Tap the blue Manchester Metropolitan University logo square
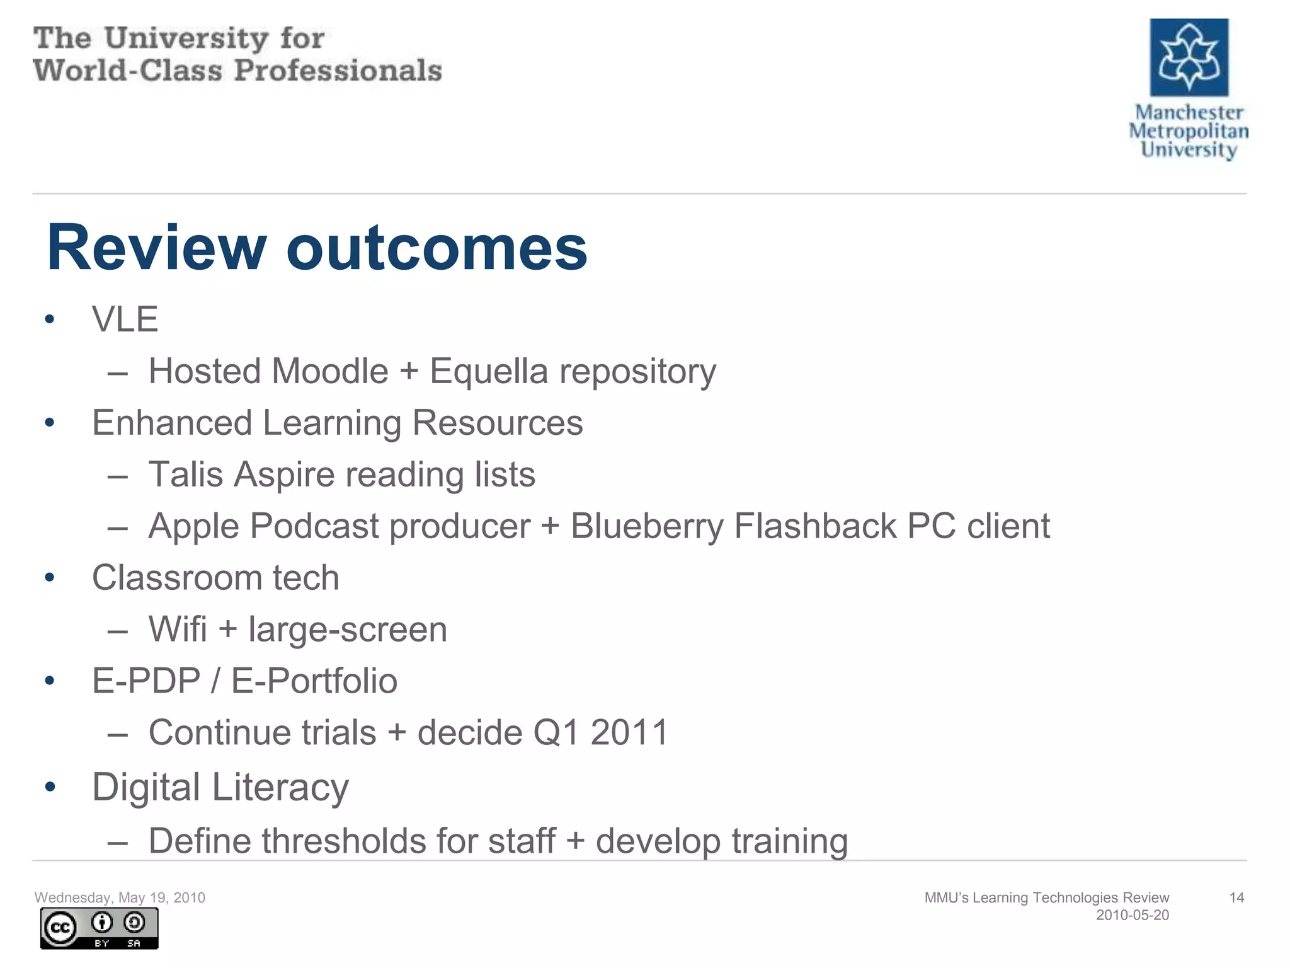[x=1189, y=57]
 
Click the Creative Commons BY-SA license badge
[x=99, y=928]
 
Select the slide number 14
[x=1236, y=897]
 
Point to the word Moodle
[x=331, y=371]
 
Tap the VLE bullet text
[x=125, y=319]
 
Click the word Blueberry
[x=647, y=526]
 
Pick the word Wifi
[x=178, y=629]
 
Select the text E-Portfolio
[x=314, y=681]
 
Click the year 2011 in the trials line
[x=629, y=733]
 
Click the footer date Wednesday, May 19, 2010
[x=120, y=897]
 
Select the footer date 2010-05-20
[x=1132, y=915]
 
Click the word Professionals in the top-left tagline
[x=338, y=70]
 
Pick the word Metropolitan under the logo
[x=1188, y=131]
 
